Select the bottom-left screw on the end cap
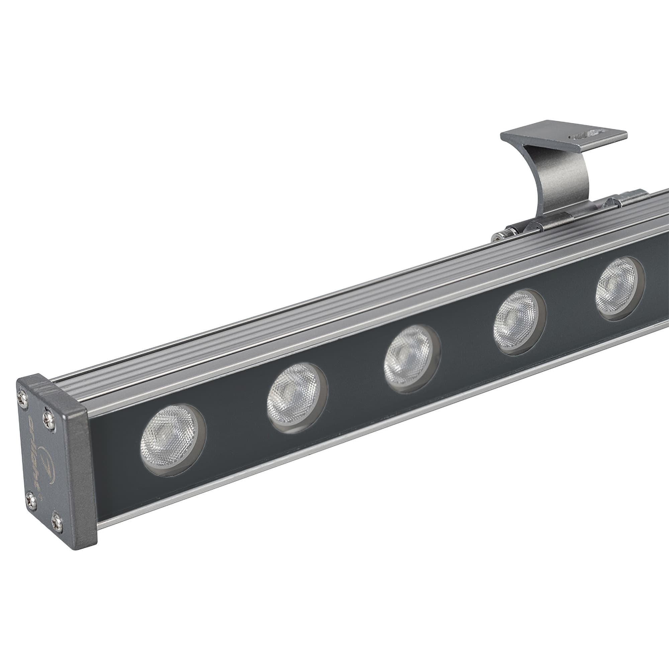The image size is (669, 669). click(31, 501)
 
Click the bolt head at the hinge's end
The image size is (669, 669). click(498, 238)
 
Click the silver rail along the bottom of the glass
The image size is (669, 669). click(312, 454)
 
